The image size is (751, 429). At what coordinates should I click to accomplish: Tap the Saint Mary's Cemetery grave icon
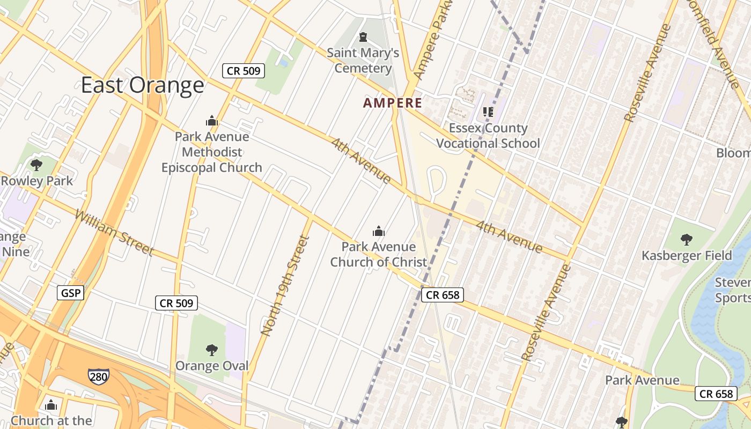pos(363,37)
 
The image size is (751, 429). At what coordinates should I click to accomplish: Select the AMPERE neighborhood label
pos(392,103)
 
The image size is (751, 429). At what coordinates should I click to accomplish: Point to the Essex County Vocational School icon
pos(488,112)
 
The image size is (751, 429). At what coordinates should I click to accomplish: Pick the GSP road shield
pos(70,293)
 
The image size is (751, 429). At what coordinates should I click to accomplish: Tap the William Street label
pos(114,233)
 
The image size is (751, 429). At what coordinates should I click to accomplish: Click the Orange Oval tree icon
pos(212,350)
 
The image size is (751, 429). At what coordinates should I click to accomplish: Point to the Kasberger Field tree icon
pos(686,239)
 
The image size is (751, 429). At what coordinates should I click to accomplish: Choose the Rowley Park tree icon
pos(36,165)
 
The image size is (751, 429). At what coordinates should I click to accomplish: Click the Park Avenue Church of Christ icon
pos(379,231)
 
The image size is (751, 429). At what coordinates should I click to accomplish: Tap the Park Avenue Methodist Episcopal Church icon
pos(212,121)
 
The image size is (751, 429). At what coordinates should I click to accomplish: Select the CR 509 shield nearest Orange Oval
pos(176,303)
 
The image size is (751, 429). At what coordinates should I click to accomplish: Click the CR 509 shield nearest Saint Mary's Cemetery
pos(244,70)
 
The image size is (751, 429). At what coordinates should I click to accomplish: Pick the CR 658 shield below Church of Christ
pos(441,295)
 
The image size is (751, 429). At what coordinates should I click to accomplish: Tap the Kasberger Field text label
pos(687,256)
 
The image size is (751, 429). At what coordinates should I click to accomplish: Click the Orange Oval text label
pos(212,366)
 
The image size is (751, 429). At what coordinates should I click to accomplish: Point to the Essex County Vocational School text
pos(488,136)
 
